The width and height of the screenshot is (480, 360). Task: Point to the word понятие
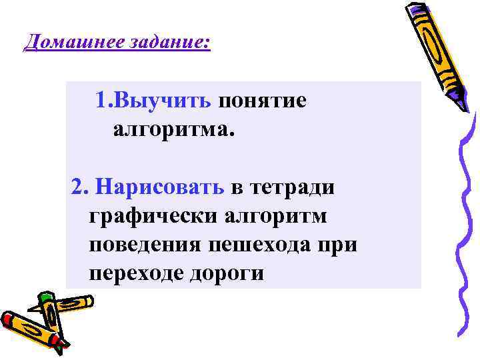[x=263, y=101]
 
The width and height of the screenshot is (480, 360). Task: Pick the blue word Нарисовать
[x=160, y=187]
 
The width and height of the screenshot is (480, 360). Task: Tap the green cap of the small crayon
[x=45, y=297]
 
